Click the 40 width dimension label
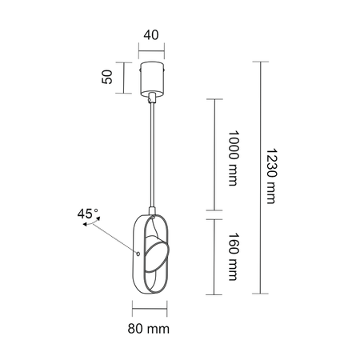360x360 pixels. click(151, 36)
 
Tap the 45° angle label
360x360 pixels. click(87, 214)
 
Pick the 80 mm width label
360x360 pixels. click(151, 328)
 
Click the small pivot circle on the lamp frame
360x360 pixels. click(138, 255)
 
